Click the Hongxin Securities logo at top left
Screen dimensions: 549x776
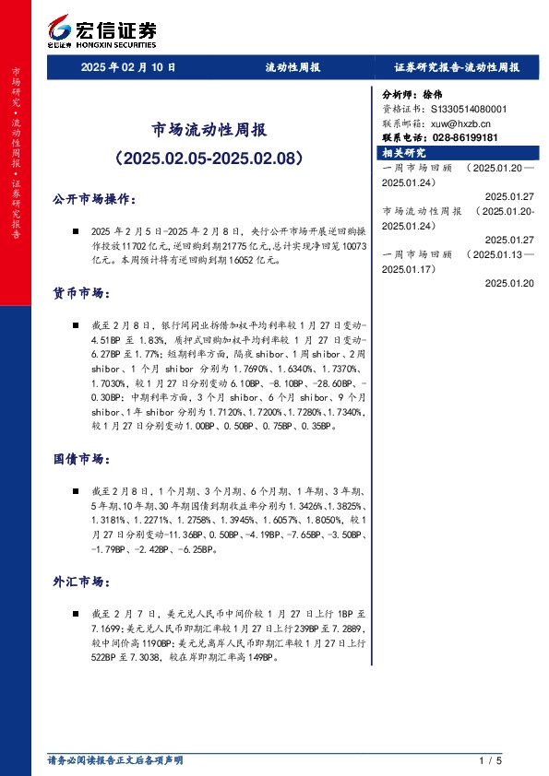[101, 30]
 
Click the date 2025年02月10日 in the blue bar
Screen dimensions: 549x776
[128, 67]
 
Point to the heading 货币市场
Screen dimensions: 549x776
[81, 293]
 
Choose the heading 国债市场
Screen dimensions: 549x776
[81, 458]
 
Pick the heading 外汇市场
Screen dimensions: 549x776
[81, 582]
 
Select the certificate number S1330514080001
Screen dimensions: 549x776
[469, 109]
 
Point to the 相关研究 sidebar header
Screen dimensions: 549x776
[405, 153]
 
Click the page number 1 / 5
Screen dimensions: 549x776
[490, 760]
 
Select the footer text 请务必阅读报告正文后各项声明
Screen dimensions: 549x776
[115, 760]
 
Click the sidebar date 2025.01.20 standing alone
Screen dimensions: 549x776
[508, 283]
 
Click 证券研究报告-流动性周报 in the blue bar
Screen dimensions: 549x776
[457, 67]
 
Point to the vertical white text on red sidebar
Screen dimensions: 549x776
[16, 152]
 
